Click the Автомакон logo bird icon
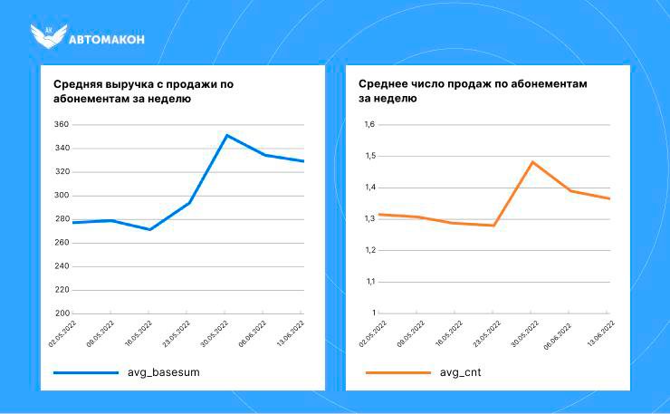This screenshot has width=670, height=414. pyautogui.click(x=47, y=36)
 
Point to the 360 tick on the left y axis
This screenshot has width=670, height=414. pyautogui.click(x=62, y=125)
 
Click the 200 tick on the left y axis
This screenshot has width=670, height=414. pyautogui.click(x=62, y=313)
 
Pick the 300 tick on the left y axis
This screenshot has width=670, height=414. pyautogui.click(x=62, y=196)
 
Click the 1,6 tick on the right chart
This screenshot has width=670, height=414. pyautogui.click(x=369, y=125)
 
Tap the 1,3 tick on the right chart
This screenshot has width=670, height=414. pyautogui.click(x=369, y=219)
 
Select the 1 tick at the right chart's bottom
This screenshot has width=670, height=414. pyautogui.click(x=372, y=313)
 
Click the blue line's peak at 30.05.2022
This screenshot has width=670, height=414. pyautogui.click(x=226, y=135)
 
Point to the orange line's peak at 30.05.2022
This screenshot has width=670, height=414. pyautogui.click(x=532, y=162)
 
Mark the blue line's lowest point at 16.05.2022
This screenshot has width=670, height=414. pyautogui.click(x=149, y=229)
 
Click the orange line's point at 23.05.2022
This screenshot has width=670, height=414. pyautogui.click(x=493, y=225)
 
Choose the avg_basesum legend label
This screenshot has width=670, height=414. pyautogui.click(x=164, y=372)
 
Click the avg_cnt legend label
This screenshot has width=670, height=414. pyautogui.click(x=461, y=372)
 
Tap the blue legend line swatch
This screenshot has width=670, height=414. pyautogui.click(x=86, y=372)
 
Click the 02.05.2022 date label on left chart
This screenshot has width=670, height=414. pyautogui.click(x=60, y=332)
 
